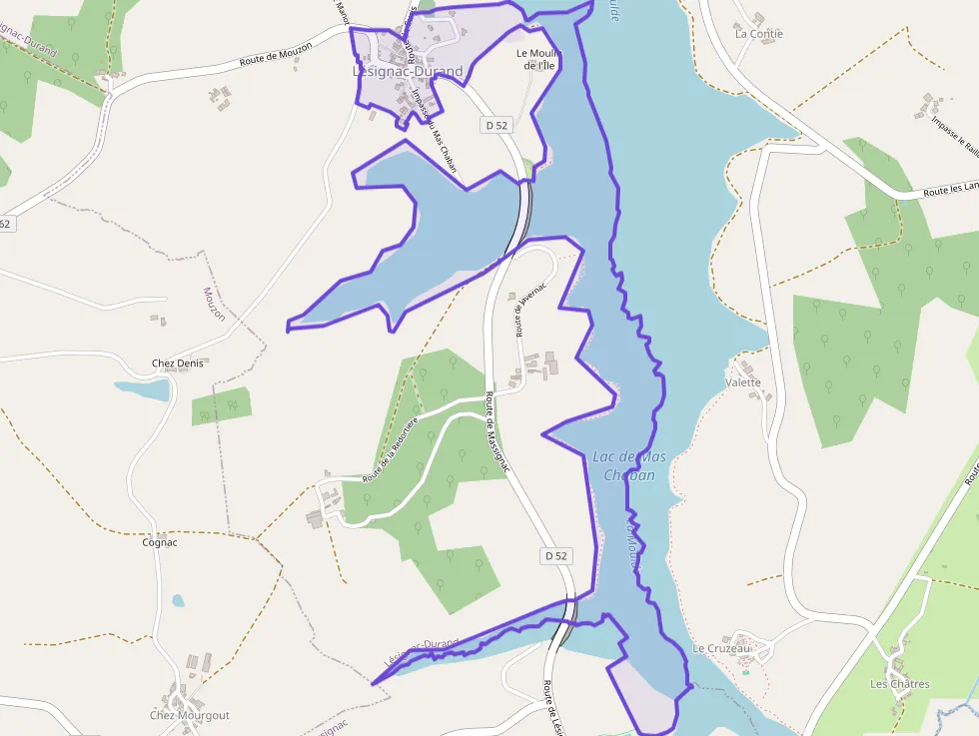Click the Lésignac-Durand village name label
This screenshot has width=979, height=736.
coord(408,72)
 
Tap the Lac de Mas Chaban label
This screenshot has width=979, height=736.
coord(629,465)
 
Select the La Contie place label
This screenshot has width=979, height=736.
coord(759,34)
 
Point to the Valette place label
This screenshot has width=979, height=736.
coord(743,382)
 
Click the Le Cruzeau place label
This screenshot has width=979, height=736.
coord(720,648)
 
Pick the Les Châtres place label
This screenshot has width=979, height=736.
coord(899,684)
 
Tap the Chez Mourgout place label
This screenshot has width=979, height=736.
coord(190,715)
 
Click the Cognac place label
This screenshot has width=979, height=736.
coord(160,543)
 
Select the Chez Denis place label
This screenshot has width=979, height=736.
coord(177,364)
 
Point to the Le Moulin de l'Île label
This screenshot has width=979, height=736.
coord(537,59)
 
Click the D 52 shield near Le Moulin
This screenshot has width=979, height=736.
coord(497,125)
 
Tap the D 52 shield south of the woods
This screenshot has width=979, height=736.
coord(556,555)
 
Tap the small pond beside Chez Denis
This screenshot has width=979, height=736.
coord(142,389)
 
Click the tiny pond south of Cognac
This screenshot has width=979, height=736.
coord(178,601)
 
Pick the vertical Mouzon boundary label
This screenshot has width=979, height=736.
coord(214,304)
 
